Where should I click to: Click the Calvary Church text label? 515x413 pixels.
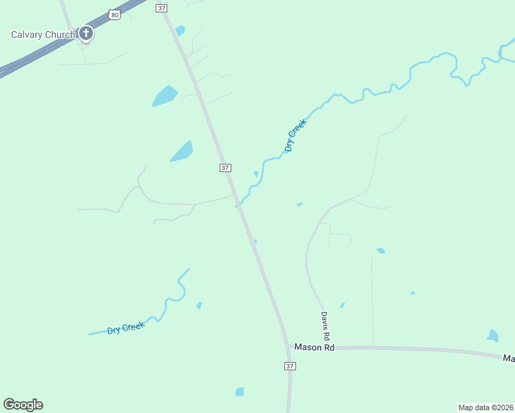click(43, 34)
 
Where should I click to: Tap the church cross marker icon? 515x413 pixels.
click(86, 33)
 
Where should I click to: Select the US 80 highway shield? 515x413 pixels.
click(114, 14)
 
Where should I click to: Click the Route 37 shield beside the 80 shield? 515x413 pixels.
click(162, 8)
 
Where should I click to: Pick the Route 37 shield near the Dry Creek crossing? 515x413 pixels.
click(225, 168)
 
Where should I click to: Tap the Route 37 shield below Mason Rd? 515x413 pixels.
click(290, 366)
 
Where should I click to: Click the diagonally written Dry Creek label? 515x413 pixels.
click(295, 135)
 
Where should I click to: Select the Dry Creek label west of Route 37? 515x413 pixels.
click(126, 328)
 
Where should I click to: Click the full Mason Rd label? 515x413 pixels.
click(314, 348)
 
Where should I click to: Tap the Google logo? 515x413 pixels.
click(23, 405)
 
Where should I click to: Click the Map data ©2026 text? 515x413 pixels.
click(485, 407)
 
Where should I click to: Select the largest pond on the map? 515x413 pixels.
click(165, 96)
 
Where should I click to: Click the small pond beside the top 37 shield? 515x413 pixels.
click(180, 30)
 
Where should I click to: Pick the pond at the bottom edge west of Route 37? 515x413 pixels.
click(240, 392)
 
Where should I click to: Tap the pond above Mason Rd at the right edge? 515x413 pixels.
click(492, 336)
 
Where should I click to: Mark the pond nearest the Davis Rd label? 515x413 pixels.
click(342, 305)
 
